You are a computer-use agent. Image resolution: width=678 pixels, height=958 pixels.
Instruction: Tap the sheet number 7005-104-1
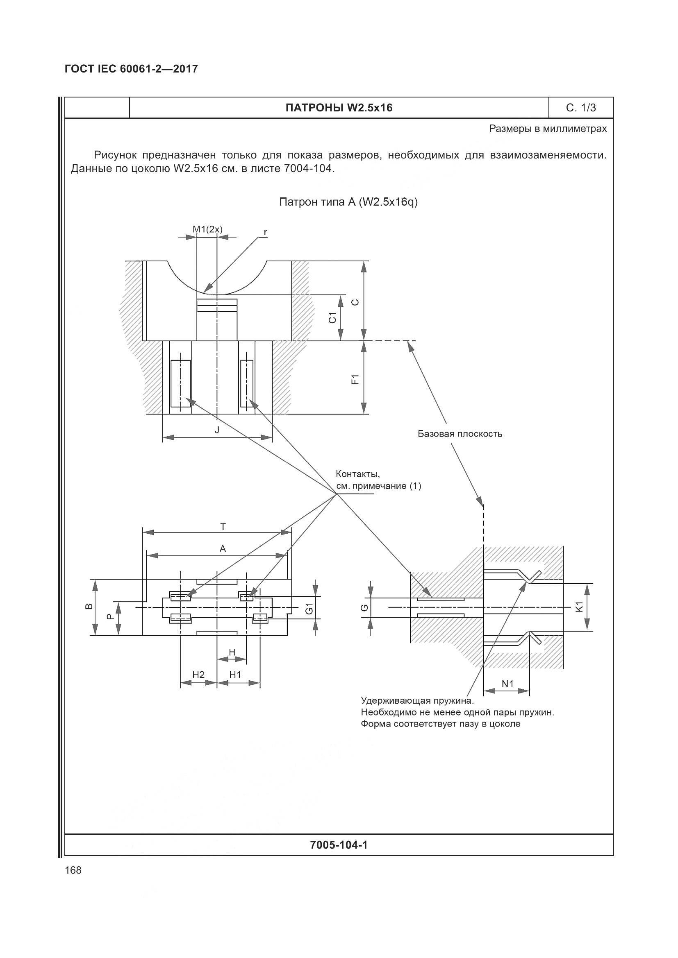(339, 845)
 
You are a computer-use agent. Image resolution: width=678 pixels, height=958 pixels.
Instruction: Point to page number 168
(73, 870)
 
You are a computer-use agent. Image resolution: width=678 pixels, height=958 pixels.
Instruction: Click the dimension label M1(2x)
(207, 229)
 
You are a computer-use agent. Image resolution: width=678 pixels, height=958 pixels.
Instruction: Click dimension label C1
(332, 317)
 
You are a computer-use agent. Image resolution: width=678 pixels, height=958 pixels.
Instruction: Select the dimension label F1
(355, 379)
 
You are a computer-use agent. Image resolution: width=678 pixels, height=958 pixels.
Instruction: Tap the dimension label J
(217, 430)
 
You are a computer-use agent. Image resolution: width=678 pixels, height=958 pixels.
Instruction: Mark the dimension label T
(223, 527)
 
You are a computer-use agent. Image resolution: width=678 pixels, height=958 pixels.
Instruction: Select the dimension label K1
(579, 607)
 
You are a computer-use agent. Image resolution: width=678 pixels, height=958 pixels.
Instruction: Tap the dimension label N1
(507, 684)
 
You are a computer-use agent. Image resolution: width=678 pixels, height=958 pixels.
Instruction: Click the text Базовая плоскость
(460, 434)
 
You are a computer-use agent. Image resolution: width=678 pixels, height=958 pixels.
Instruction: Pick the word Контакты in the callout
(358, 474)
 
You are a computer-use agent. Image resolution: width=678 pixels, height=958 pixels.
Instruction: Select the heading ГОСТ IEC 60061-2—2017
(131, 69)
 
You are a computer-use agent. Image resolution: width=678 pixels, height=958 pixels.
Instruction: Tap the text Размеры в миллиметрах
(548, 129)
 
